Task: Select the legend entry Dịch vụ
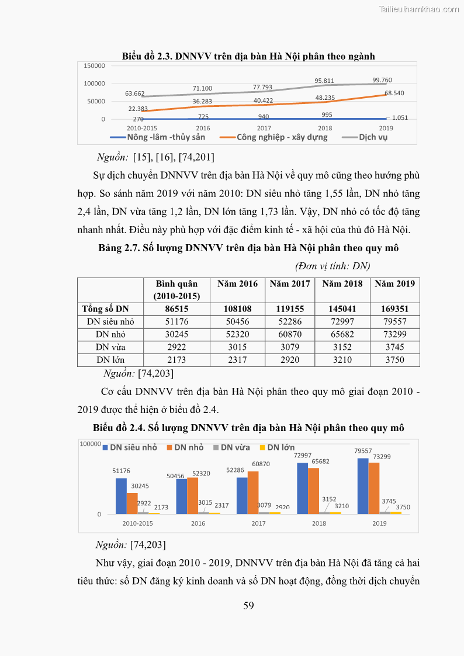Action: click(x=373, y=137)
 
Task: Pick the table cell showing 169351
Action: click(x=394, y=308)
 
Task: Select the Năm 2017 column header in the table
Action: click(x=290, y=284)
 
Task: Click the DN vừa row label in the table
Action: click(x=110, y=347)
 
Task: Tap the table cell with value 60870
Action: click(x=290, y=334)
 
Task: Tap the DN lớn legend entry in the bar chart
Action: click(x=281, y=447)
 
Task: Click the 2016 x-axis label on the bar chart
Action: click(x=198, y=523)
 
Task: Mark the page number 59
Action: click(x=248, y=606)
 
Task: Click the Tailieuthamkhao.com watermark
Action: click(x=418, y=9)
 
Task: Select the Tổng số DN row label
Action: click(x=106, y=308)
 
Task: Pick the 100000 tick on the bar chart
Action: click(x=91, y=444)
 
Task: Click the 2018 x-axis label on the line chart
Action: click(x=324, y=127)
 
